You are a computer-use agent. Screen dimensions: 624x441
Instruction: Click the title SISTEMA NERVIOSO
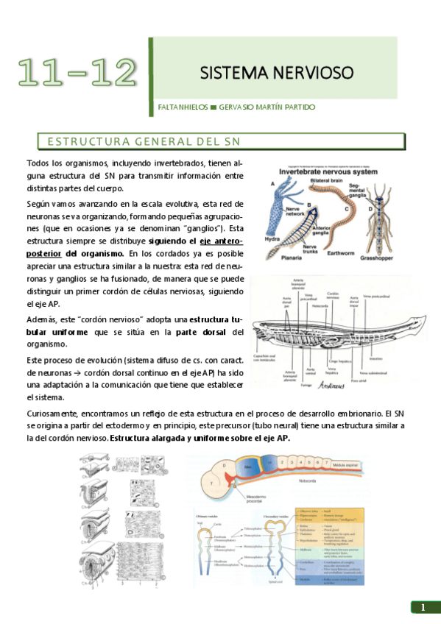coord(277,73)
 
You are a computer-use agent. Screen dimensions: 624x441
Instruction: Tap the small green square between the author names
coord(213,107)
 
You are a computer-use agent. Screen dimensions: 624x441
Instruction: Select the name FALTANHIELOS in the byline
coord(183,107)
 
